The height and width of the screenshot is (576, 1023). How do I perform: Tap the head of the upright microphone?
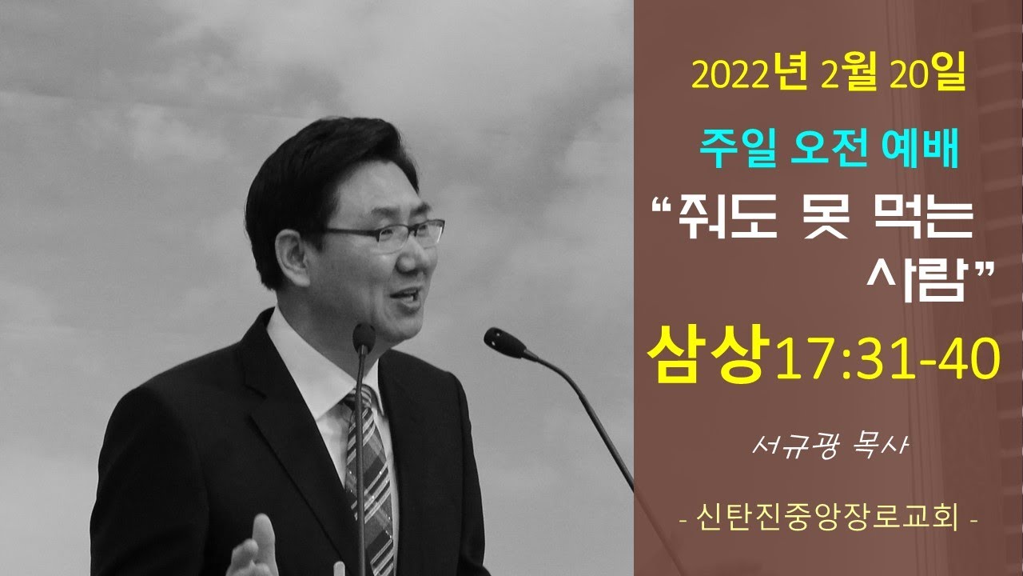coord(364,338)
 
